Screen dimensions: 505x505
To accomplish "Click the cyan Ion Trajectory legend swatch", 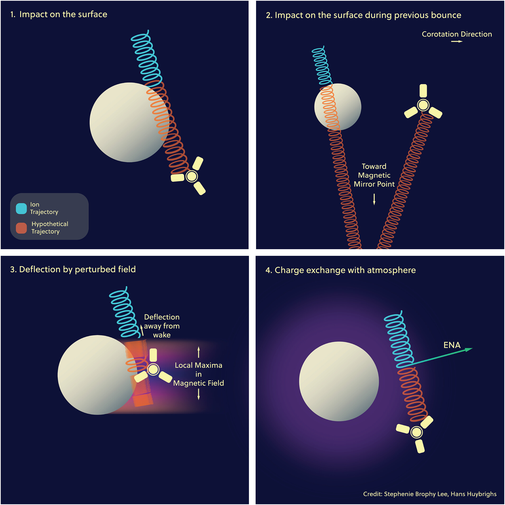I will pos(21,208).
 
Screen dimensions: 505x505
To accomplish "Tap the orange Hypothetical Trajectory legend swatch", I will pos(21,228).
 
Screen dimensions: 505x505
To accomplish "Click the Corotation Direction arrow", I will pos(457,41).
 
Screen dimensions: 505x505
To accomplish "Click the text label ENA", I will pos(452,345).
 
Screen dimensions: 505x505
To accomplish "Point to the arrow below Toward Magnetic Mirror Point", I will pos(374,199).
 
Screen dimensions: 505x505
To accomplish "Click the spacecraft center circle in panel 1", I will pos(192,176).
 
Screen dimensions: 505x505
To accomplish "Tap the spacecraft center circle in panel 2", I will pos(423,105).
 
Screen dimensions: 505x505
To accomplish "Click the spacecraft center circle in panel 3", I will pos(153,369).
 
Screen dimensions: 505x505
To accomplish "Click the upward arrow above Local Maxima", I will pos(199,352).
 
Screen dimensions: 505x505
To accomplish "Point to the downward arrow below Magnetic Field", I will pos(199,395).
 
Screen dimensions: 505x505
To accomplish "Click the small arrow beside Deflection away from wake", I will pos(142,330).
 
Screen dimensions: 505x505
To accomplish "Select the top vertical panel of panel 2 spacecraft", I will pos(423,91).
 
